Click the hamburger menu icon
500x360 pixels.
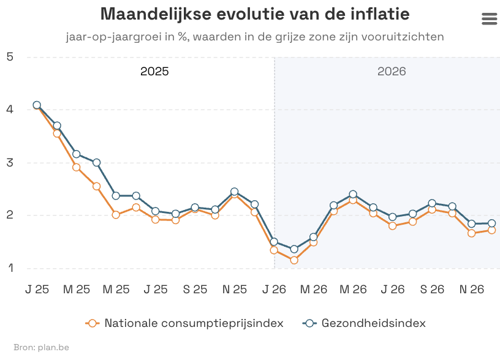[x=490, y=19]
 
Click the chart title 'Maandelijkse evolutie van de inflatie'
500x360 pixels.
[x=255, y=14]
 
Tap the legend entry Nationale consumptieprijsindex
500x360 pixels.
[x=184, y=323]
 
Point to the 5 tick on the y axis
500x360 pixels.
[x=10, y=57]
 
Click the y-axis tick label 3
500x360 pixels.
[x=10, y=163]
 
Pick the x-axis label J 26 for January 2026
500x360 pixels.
[x=273, y=289]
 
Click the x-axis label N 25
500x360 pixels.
[x=233, y=289]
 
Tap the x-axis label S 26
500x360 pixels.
[x=432, y=289]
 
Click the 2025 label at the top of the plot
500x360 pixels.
[x=154, y=71]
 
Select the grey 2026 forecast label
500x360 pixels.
[x=392, y=71]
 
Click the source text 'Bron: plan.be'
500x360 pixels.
[x=41, y=347]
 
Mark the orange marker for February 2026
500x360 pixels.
[x=294, y=260]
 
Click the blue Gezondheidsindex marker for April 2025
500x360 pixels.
[x=96, y=162]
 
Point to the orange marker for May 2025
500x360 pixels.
[x=116, y=214]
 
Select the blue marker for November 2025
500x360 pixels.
[x=234, y=192]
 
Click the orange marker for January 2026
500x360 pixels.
[x=274, y=250]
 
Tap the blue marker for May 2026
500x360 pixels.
[x=353, y=194]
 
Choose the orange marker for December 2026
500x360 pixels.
[x=491, y=230]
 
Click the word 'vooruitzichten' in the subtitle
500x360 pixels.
[x=403, y=37]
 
